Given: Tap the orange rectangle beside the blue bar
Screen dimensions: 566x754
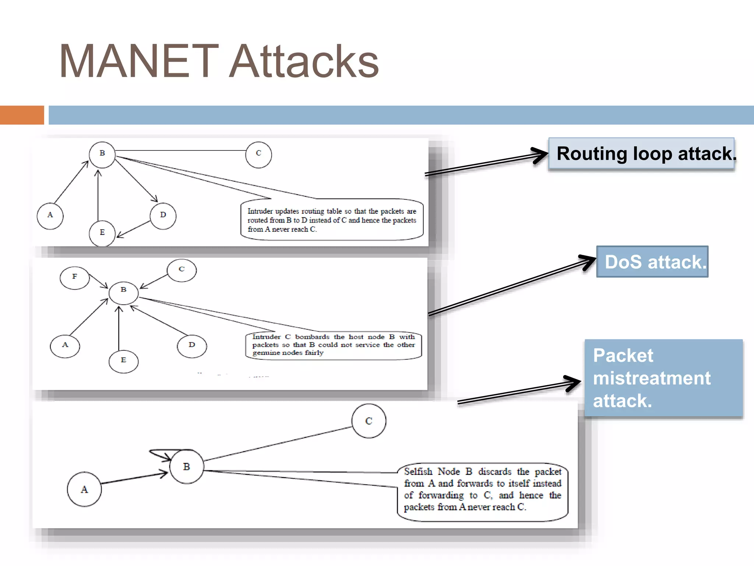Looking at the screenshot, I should point(22,115).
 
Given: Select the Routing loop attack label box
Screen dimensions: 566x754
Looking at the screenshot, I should point(641,154).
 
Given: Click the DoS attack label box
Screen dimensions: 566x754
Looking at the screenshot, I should point(652,262).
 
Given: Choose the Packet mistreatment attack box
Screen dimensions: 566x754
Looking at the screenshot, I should point(663,378).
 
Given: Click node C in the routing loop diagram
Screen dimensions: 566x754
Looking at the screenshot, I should point(258,155).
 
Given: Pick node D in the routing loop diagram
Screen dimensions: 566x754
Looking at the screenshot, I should point(163,216).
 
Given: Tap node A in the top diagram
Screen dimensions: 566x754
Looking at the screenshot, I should point(50,216).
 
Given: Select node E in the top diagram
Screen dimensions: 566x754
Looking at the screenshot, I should point(102,233).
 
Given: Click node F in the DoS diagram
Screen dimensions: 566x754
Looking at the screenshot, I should point(75,277).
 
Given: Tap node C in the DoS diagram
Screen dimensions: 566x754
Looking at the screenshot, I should point(182,270).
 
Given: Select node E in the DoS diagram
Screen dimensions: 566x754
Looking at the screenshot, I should point(123,361).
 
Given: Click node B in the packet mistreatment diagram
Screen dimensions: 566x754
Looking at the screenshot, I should point(187,467).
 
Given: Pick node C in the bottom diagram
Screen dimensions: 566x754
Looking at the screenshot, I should point(369,421).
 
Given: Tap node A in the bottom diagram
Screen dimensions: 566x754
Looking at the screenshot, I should point(84,489).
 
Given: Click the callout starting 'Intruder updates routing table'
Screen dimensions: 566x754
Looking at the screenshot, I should point(332,220).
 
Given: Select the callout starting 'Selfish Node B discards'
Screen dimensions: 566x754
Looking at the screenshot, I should point(482,492).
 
